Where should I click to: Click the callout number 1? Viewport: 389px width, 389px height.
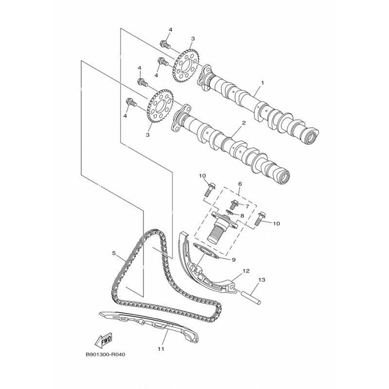point(262,82)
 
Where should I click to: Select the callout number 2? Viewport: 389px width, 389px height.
point(244,123)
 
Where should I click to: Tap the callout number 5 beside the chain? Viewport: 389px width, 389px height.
point(114,253)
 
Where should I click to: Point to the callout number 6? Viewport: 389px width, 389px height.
point(240,184)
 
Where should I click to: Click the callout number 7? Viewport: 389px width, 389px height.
point(247,206)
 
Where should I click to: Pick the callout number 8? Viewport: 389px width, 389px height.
point(242,215)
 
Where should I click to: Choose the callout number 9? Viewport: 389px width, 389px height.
point(233,260)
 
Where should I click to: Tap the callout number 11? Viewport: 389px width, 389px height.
point(161,349)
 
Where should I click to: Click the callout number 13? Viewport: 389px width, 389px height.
point(262,280)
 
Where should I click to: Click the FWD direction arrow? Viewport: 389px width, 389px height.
point(104,339)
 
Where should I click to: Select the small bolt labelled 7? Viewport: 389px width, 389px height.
point(233,204)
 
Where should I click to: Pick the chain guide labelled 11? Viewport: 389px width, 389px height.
point(149,325)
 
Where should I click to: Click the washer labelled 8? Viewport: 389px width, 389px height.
point(230,212)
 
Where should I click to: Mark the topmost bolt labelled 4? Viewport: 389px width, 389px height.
point(165,44)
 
